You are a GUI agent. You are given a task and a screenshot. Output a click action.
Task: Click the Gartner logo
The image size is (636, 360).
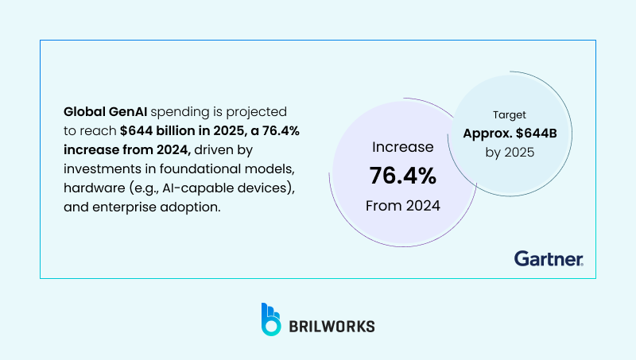549,258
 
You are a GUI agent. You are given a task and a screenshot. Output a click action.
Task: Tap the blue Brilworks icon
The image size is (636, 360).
271,318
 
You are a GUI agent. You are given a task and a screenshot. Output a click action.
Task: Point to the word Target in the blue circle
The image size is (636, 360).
509,114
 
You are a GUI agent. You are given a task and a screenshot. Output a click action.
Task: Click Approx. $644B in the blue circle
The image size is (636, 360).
509,133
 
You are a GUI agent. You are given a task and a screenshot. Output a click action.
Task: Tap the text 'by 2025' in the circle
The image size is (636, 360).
509,151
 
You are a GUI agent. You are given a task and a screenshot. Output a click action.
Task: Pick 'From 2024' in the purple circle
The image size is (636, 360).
401,206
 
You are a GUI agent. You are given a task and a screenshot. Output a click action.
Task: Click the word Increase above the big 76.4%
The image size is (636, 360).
403,147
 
